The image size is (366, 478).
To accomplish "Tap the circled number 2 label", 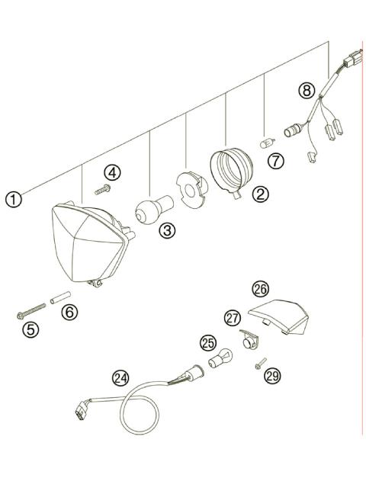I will click(261, 194).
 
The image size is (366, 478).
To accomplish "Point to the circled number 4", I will click(112, 173).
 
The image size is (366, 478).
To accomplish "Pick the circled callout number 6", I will click(69, 312).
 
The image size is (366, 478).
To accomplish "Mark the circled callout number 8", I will click(307, 91).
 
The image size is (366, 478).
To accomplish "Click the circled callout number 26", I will click(261, 289).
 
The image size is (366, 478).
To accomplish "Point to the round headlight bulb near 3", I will click(149, 210).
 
